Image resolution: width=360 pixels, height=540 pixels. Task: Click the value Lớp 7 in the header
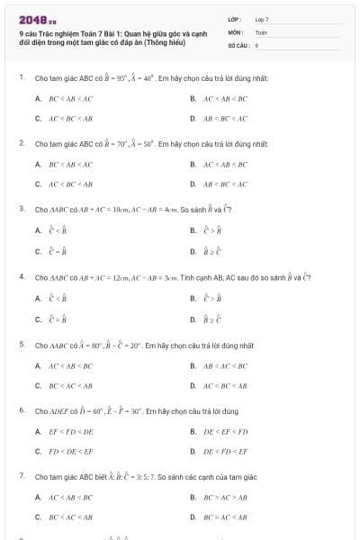point(262,19)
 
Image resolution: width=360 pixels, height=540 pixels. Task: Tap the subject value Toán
point(261,31)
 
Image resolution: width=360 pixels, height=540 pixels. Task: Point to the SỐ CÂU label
point(237,44)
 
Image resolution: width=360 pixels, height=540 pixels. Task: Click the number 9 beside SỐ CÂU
point(256,44)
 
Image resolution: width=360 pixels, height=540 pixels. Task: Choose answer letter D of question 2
point(193,184)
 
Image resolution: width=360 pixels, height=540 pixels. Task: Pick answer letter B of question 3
point(193,230)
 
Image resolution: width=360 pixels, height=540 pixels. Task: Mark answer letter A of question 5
point(38,365)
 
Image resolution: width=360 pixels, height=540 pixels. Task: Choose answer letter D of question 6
point(193,452)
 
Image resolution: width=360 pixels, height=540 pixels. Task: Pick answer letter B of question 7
point(193,497)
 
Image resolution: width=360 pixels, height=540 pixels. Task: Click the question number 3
point(21,209)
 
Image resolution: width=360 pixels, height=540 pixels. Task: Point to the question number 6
point(21,409)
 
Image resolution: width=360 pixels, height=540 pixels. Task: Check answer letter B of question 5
point(193,365)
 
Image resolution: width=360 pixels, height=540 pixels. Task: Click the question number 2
point(21,143)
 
